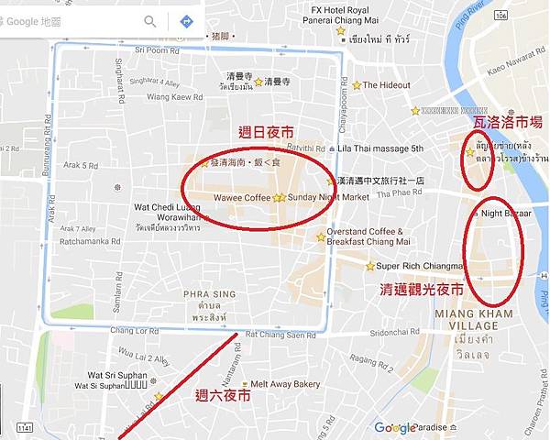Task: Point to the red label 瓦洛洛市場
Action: click(x=507, y=121)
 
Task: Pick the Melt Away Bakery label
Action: click(x=284, y=384)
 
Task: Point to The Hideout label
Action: click(x=386, y=85)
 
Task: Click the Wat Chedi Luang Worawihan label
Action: click(x=167, y=212)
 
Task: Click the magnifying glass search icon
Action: click(x=150, y=20)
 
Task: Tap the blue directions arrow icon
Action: click(x=186, y=20)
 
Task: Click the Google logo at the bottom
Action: click(x=395, y=427)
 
